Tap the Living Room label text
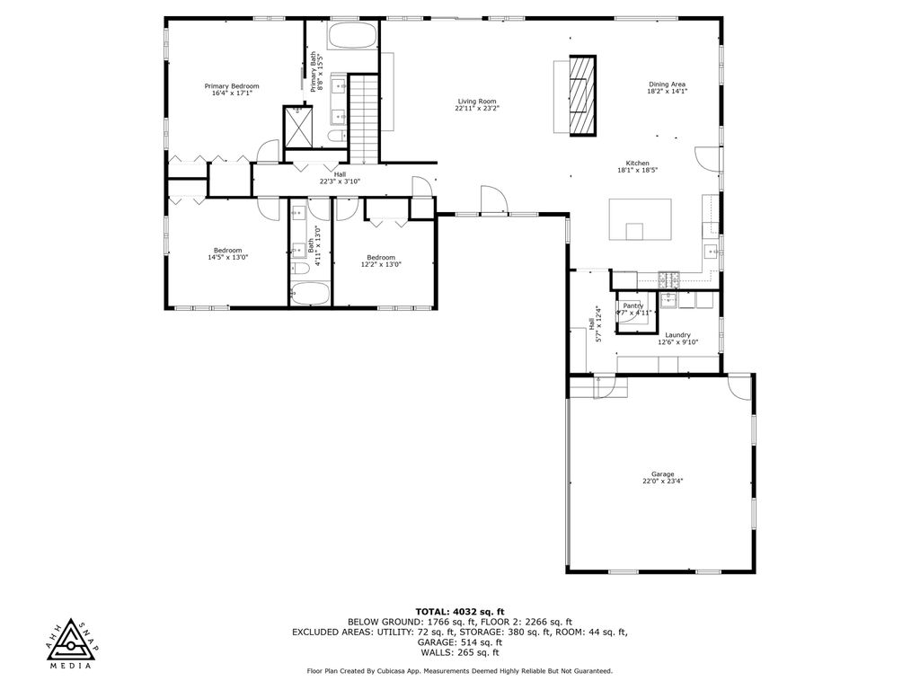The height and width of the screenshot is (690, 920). [476, 104]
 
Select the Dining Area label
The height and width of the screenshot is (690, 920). [667, 87]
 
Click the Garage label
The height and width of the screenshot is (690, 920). [662, 477]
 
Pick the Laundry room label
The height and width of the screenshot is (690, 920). [677, 338]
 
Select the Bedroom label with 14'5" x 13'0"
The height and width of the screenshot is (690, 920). [227, 253]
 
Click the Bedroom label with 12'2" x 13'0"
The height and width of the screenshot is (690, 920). [381, 261]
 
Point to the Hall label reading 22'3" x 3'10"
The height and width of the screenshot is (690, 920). [340, 177]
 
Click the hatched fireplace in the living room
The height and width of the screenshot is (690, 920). [582, 94]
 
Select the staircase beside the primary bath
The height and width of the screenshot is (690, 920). [364, 119]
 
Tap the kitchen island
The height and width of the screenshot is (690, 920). [641, 219]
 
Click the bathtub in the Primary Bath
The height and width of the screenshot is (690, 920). [351, 37]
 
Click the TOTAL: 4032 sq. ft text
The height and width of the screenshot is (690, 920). [459, 611]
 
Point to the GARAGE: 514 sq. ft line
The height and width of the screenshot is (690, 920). [459, 642]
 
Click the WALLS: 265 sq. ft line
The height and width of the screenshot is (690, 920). [459, 652]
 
